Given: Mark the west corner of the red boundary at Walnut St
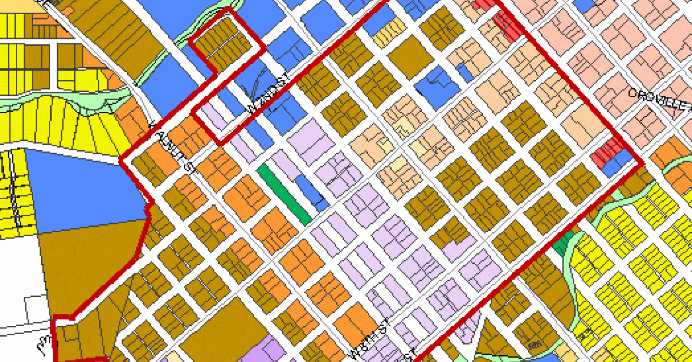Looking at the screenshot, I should coord(121,161).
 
